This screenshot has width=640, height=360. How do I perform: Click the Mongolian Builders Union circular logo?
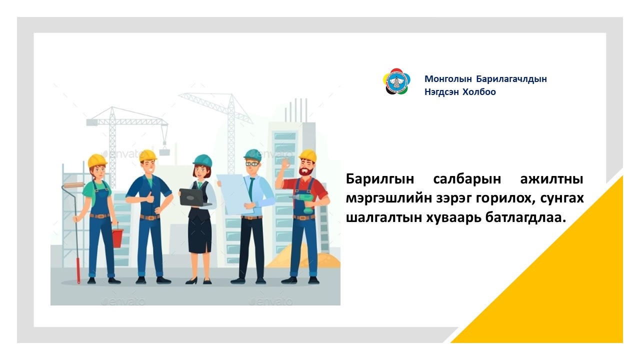coord(396,81)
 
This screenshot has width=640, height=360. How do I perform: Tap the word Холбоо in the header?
coord(479,92)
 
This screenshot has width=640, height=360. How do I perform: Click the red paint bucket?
coord(117,237)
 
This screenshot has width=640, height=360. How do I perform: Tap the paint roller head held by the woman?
coord(73,185)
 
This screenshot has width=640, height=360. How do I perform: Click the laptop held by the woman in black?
coord(193,197)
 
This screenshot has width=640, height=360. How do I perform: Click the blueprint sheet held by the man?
coord(235,194)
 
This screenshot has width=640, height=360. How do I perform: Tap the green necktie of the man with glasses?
coord(251,188)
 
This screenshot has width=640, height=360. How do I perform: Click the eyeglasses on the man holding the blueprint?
coord(252,164)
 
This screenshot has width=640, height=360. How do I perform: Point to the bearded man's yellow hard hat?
coord(308,155)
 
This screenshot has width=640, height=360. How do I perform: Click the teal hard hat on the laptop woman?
coord(202,160)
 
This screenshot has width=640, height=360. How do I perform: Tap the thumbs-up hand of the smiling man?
coord(149,197)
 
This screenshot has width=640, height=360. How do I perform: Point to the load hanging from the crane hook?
coord(164,151)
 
